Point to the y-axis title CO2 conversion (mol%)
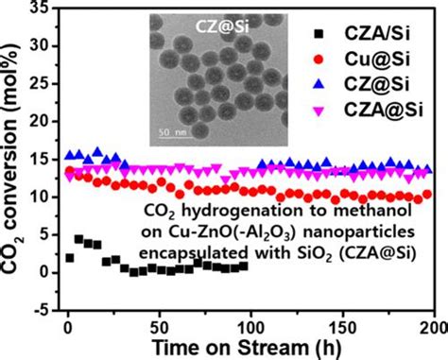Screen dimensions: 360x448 tap(15, 161)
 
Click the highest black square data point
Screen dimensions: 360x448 tap(78, 239)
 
